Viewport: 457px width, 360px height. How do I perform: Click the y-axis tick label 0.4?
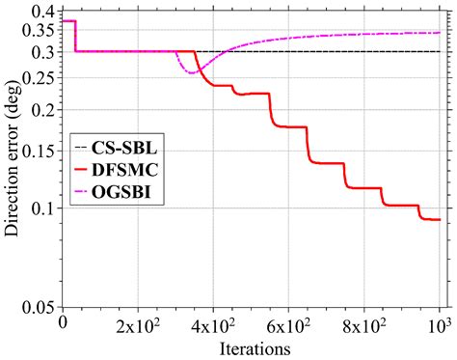tap(43, 11)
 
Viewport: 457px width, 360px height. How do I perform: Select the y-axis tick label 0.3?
tap(43, 52)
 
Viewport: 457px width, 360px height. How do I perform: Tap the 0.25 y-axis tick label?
tap(39, 77)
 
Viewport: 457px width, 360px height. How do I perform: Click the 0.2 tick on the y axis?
tap(43, 109)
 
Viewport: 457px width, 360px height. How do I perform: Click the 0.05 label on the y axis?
tap(39, 309)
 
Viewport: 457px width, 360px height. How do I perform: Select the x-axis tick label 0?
tap(64, 324)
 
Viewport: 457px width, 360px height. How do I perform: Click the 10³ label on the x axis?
tap(439, 324)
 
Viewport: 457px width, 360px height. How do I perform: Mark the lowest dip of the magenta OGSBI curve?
tap(192, 72)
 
